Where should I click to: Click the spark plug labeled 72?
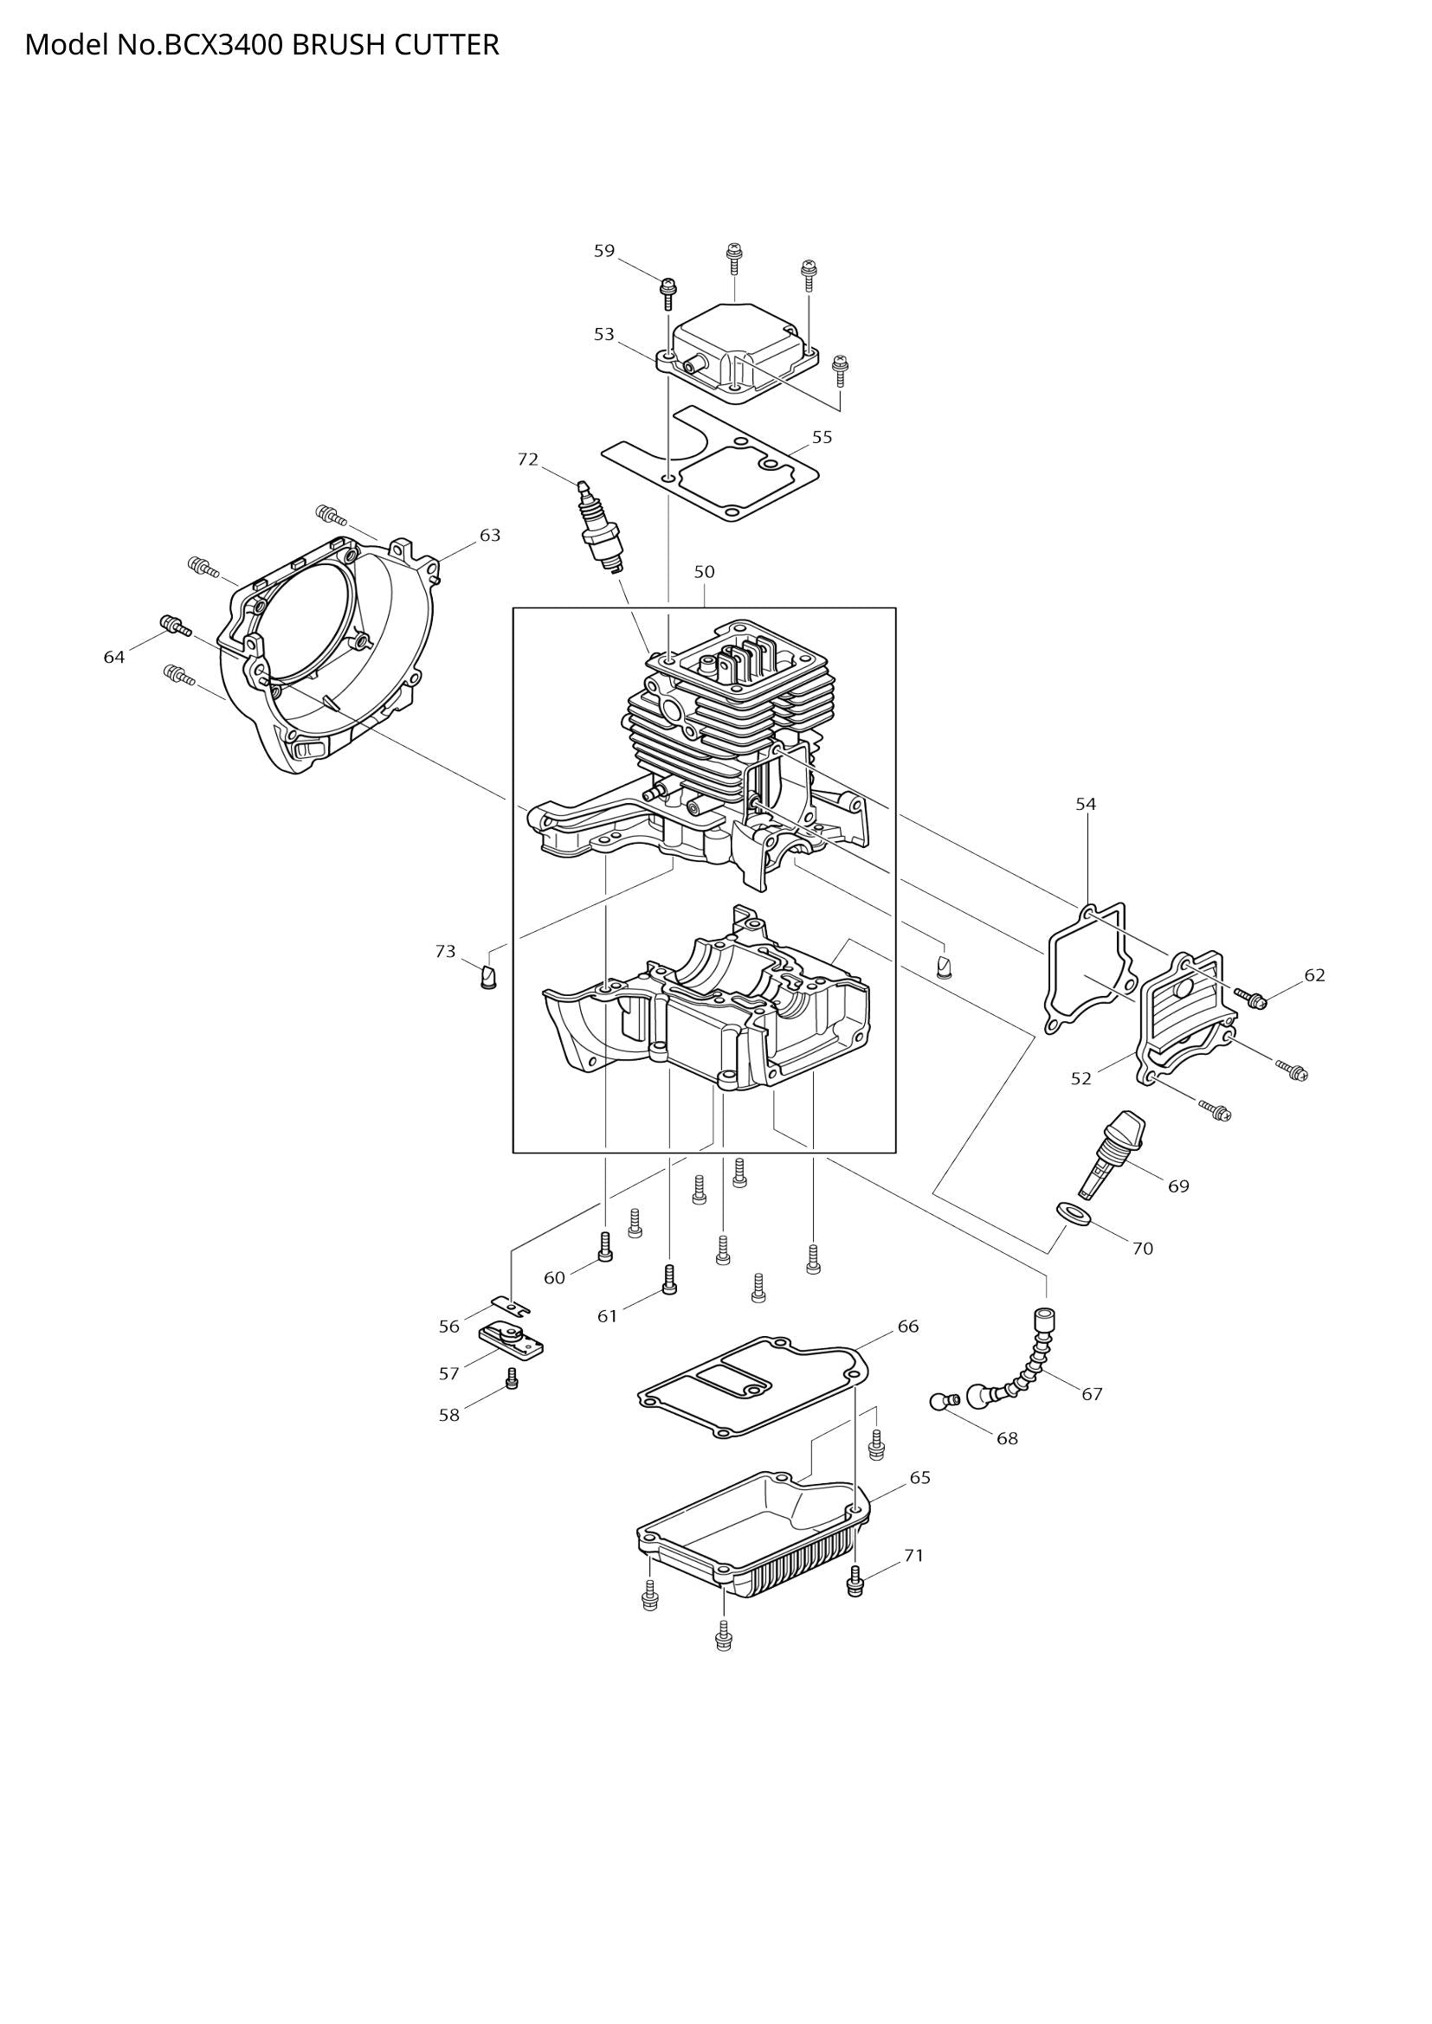(x=600, y=528)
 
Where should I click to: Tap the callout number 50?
(x=704, y=572)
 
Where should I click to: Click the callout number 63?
(x=489, y=535)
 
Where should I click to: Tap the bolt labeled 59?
(x=668, y=291)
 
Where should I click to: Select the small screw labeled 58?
(x=513, y=1378)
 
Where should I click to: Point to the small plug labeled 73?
(x=487, y=977)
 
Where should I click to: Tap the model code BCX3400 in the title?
(x=225, y=44)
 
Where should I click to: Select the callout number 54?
(x=1086, y=804)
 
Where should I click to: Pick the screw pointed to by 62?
(x=1251, y=998)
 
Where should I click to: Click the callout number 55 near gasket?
(x=822, y=437)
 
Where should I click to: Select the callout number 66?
(x=908, y=1327)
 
